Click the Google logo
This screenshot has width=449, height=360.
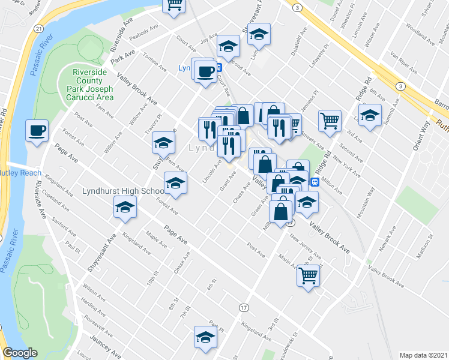click(x=20, y=353)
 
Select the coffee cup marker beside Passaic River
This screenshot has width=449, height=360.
click(x=37, y=131)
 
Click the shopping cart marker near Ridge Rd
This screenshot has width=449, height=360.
click(x=330, y=121)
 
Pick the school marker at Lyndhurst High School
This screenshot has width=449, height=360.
click(x=125, y=208)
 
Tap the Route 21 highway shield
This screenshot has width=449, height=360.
click(x=39, y=28)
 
